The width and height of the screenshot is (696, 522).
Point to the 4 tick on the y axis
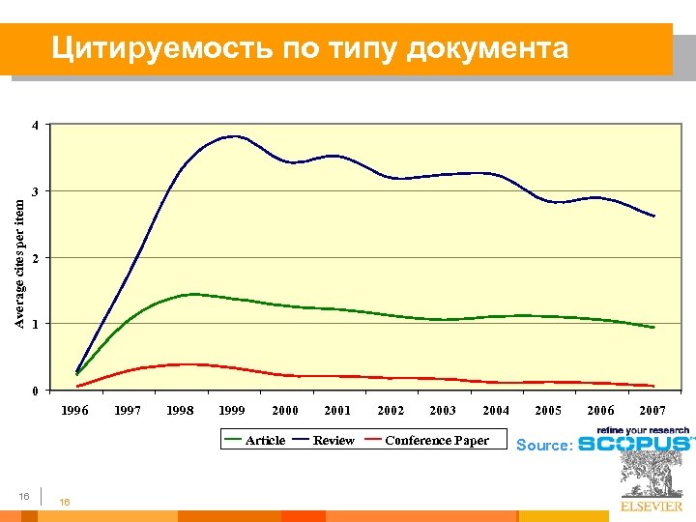[35, 126]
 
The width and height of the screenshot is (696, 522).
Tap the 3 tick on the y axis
[35, 192]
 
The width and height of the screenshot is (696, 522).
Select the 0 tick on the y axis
[35, 391]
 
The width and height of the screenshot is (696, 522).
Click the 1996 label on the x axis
[74, 410]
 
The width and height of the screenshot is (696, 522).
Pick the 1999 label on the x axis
[232, 410]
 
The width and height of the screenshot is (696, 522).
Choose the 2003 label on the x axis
[443, 410]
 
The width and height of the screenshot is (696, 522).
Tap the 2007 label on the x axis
[652, 410]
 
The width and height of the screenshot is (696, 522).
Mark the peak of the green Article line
[193, 294]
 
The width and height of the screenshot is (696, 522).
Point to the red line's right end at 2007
[654, 386]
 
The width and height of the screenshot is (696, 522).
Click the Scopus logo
[634, 442]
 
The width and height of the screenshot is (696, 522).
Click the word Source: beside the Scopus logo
[545, 445]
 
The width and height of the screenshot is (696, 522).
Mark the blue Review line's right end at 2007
[654, 216]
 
